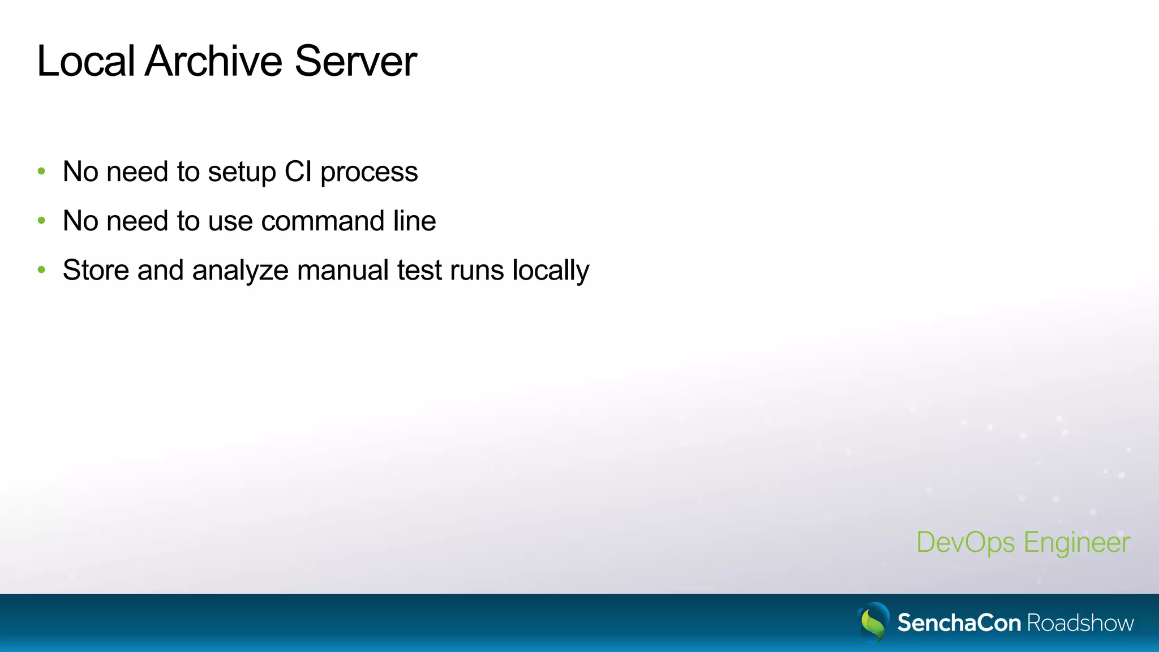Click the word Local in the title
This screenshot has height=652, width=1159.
(85, 61)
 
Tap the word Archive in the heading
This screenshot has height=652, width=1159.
(213, 61)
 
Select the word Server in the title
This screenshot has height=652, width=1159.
(355, 61)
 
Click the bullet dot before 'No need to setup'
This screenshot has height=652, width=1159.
(41, 171)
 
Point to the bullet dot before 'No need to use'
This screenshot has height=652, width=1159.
(41, 221)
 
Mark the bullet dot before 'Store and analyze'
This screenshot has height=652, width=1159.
(41, 270)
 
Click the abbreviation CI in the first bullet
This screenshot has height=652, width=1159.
(298, 171)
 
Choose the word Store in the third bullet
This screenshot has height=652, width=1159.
(96, 270)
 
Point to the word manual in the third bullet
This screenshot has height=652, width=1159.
(342, 270)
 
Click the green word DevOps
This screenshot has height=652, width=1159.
(965, 543)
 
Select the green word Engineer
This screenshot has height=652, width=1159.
(1077, 543)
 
